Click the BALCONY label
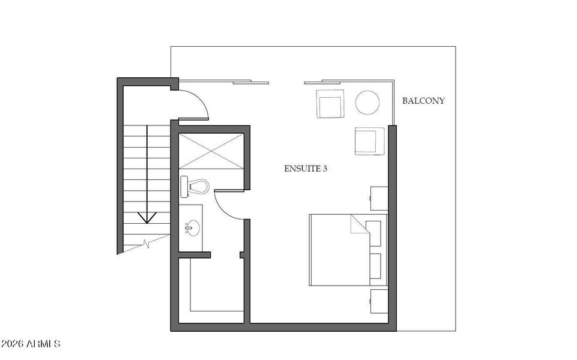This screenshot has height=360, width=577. pos(423,101)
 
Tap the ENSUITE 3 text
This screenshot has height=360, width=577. pos(305,169)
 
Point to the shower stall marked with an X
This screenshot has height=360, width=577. pos(211,152)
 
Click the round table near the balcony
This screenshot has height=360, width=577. pos(367,102)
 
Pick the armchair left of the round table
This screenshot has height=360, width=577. pos(330,104)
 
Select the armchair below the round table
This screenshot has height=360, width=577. pos(369,142)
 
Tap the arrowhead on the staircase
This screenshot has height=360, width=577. pos(145,217)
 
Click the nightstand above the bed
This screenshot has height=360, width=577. pos(378,199)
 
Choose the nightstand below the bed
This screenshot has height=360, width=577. pos(378,302)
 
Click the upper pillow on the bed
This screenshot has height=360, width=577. pos(373,233)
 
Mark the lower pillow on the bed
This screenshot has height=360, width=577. pos(375,266)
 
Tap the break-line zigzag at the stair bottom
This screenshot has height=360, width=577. pos(147,244)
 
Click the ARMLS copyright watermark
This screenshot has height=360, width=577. pos(31,344)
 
